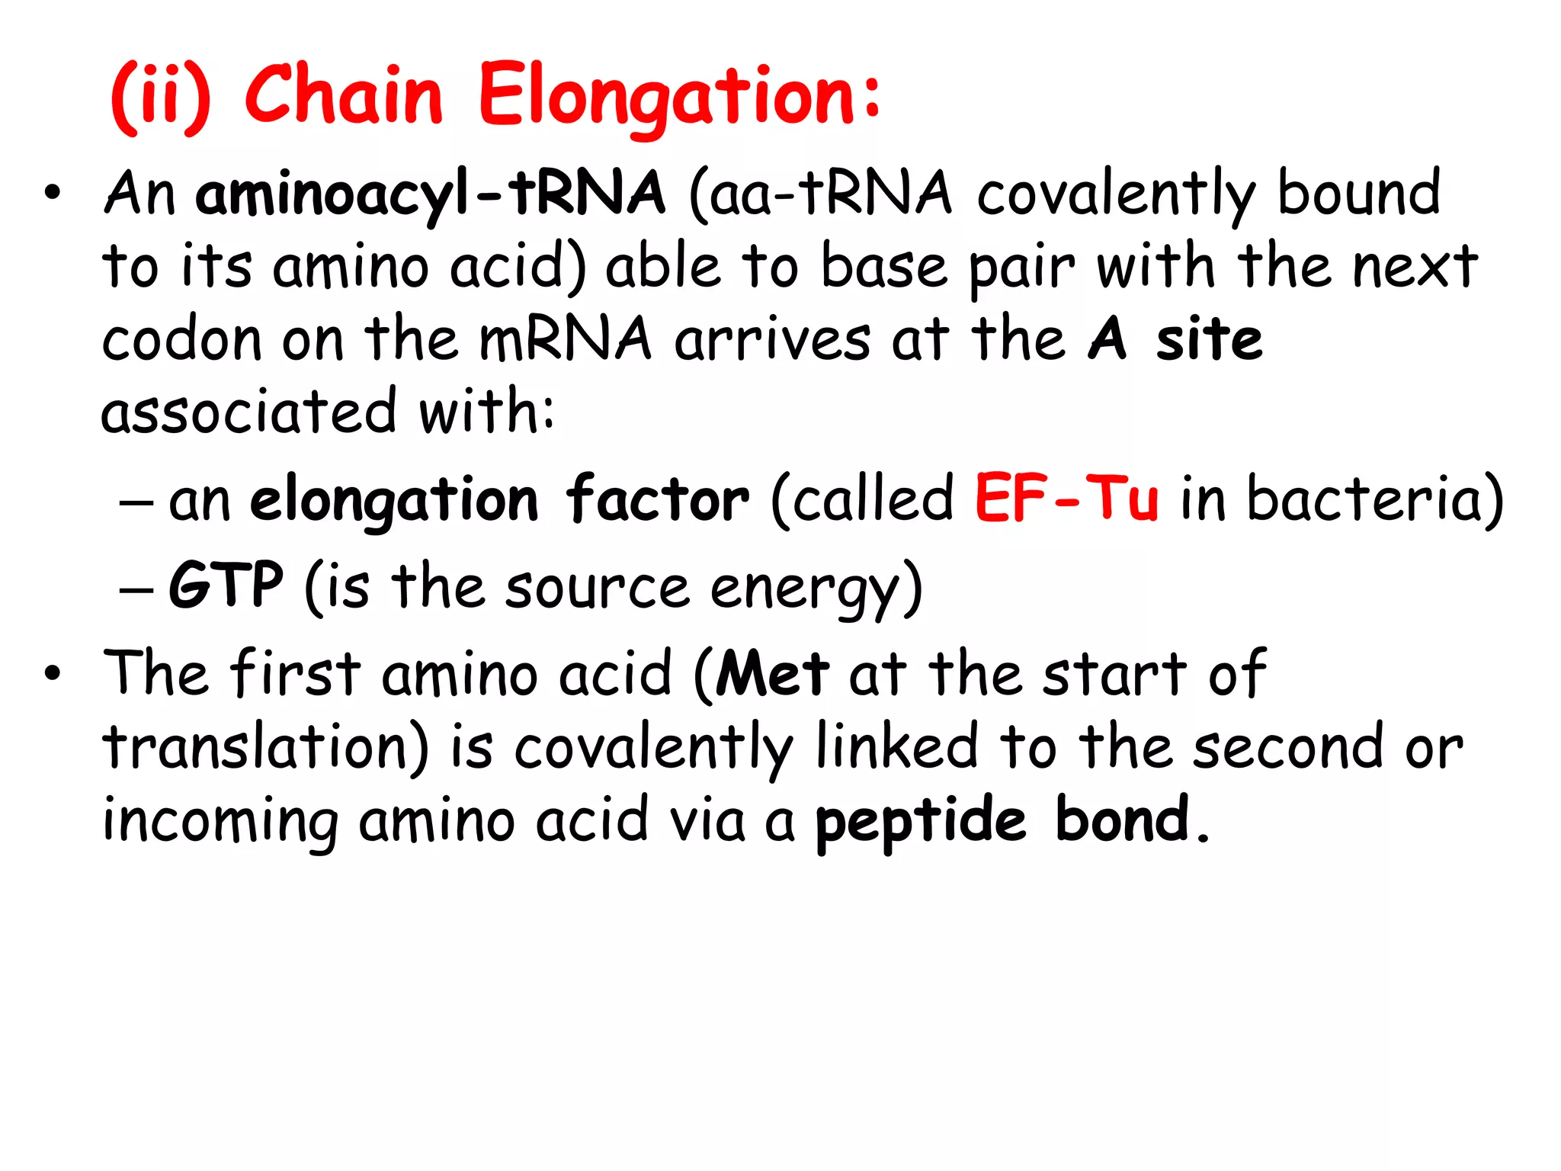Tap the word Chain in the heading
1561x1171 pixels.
coord(344,95)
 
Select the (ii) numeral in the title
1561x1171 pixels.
coord(161,98)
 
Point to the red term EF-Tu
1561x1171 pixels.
coord(1067,499)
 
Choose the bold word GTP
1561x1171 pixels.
coord(226,585)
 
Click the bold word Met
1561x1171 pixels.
coord(772,674)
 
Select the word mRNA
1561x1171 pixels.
coord(565,339)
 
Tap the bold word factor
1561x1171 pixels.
coord(657,499)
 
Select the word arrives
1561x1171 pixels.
coord(771,339)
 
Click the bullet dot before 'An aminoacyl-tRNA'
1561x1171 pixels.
coord(52,194)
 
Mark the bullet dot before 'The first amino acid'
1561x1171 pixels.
coord(52,674)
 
